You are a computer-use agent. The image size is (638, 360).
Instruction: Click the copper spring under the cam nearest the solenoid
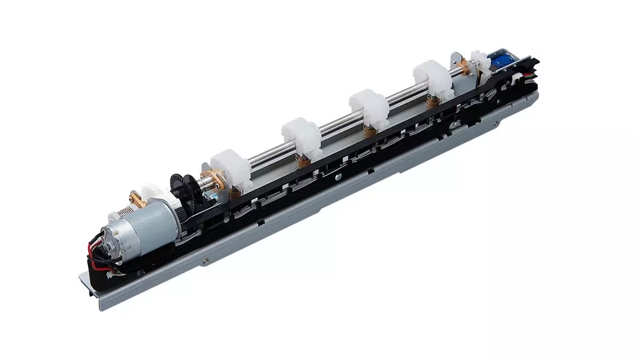click(435, 100)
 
